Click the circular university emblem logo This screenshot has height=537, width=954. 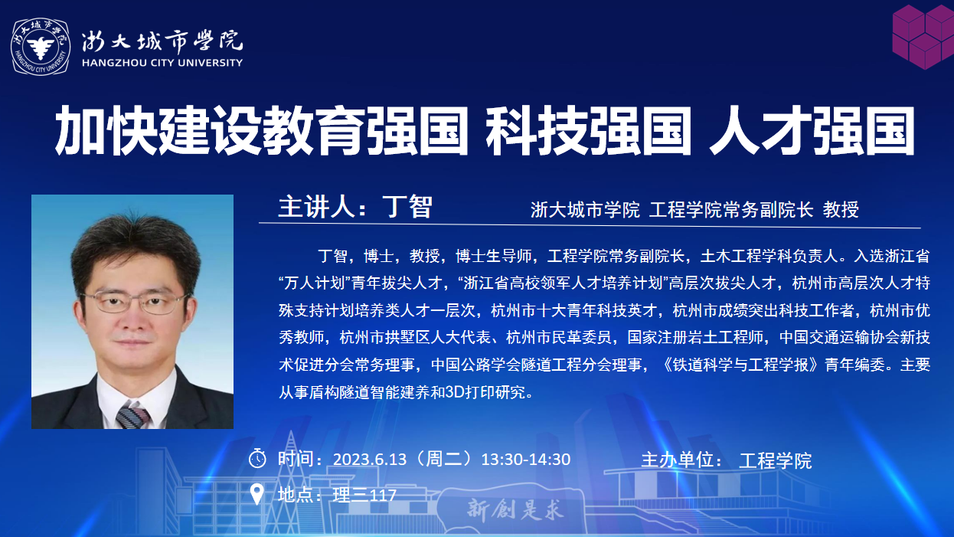coord(41,47)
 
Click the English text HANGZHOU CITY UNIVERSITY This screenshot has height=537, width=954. coord(162,63)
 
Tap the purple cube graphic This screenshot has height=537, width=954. coord(923,36)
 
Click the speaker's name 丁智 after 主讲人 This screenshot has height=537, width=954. coord(407,207)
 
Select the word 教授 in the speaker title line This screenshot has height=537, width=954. coord(841,210)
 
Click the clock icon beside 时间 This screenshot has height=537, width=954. coord(257,458)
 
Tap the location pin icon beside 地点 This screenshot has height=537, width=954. coord(256,494)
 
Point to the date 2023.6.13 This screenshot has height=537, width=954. coord(370,460)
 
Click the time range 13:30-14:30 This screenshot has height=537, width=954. coord(526,460)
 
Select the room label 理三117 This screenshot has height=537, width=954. coord(364,495)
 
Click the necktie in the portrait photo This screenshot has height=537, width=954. coord(132,417)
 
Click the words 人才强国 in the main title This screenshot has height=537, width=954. coord(812,130)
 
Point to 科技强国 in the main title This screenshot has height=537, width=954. coord(589,130)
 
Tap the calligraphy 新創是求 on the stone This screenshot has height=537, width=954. coord(515,509)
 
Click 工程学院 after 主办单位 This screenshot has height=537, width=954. coord(776,460)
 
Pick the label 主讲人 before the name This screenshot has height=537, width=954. coord(317,207)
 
